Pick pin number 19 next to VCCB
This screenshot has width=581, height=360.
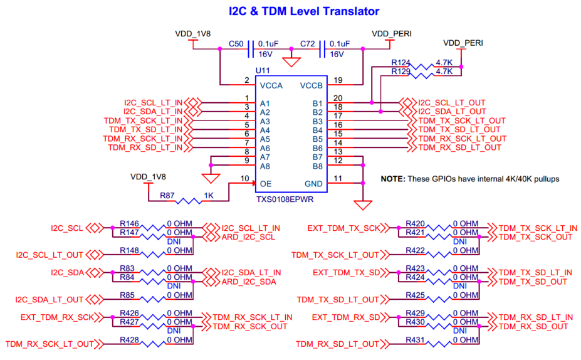338,80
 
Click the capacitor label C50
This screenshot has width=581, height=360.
236,45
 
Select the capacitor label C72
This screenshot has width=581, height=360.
307,45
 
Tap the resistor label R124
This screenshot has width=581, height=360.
400,63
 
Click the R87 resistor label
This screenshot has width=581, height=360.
167,196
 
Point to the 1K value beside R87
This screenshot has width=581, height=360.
209,196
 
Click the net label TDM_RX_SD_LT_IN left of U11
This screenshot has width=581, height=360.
145,147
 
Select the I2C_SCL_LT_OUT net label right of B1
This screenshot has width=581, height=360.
452,103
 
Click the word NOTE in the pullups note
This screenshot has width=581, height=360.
393,179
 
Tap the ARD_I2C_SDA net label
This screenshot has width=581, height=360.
248,282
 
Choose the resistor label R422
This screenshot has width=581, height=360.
416,250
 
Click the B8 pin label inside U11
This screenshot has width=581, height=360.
317,166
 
